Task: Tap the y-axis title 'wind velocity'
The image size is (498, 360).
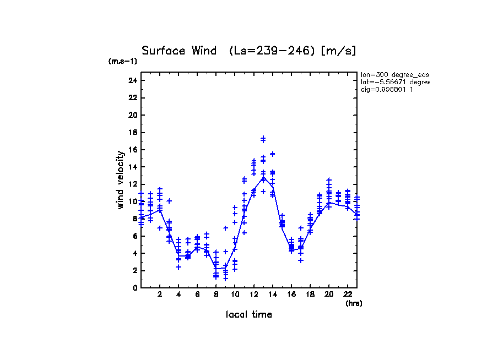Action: (120, 180)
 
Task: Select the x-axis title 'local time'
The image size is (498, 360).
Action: (248, 314)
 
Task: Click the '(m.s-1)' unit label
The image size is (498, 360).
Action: (123, 61)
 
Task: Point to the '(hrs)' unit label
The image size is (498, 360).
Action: (354, 303)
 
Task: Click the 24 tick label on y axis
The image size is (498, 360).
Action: (132, 80)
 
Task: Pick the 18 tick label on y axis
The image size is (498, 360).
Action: (132, 132)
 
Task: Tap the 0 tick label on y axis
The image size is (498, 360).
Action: (134, 287)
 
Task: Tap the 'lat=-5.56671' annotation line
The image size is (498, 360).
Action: (394, 82)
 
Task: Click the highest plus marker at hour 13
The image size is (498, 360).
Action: (263, 138)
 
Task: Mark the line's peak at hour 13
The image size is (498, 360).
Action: (263, 177)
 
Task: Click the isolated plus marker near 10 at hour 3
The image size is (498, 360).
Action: (169, 201)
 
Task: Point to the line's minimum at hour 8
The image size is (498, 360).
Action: (216, 269)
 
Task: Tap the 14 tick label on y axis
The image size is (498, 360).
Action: (132, 167)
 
